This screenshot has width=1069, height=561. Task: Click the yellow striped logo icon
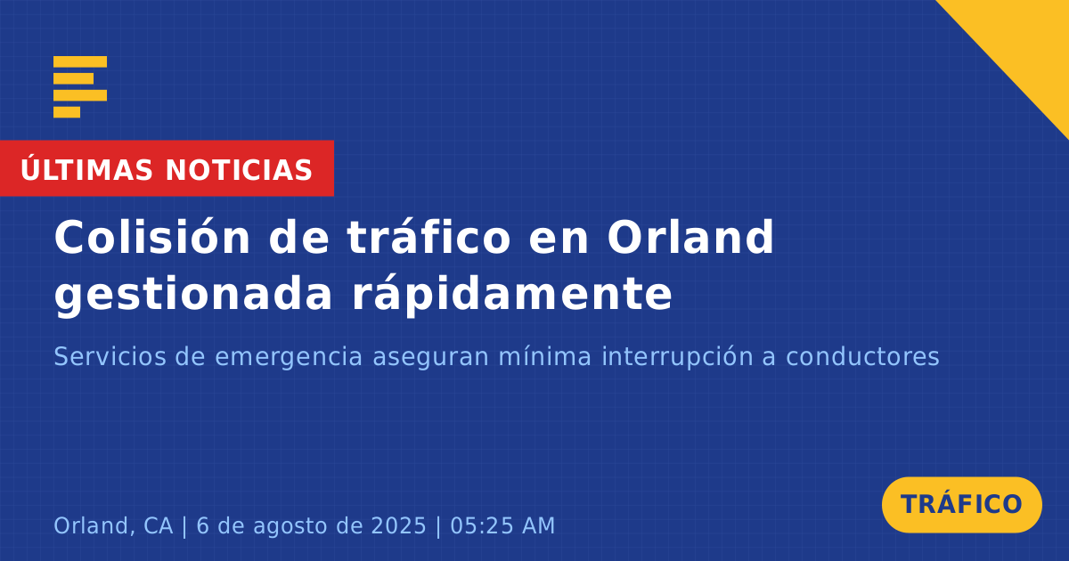[80, 87]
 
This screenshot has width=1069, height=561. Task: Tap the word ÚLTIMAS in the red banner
[86, 169]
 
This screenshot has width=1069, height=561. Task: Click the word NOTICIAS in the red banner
[239, 170]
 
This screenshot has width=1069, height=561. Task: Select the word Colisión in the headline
[151, 237]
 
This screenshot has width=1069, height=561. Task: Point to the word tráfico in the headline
[428, 237]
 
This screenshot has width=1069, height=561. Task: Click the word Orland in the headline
[690, 237]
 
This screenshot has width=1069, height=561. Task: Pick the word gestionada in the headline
[192, 295]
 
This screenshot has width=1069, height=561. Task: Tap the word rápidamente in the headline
[512, 295]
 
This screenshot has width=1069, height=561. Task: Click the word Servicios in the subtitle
[110, 356]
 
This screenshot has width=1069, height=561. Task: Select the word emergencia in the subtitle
[289, 358]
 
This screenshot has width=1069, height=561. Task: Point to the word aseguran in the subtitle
[430, 358]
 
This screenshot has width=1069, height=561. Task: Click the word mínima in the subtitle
[545, 356]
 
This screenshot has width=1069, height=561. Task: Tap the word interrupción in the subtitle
[677, 358]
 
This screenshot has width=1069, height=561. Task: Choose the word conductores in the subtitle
[862, 356]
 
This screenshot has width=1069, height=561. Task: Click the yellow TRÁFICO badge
[961, 504]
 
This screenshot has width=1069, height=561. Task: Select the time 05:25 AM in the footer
[502, 525]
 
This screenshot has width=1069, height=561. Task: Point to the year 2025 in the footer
[398, 525]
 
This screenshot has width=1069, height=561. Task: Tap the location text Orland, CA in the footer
[113, 525]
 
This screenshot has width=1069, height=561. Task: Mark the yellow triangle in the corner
[1026, 43]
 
